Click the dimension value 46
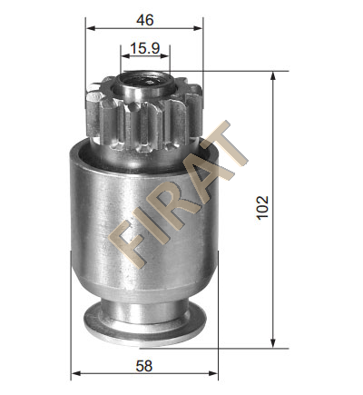coord(145,20)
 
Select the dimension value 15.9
coord(145,48)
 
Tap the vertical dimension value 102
coord(262,207)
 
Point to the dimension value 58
coord(144,366)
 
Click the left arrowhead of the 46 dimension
coord(91,28)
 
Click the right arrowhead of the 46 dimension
coord(198,28)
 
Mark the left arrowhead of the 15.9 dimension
coord(125,56)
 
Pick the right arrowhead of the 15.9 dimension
coord(165,56)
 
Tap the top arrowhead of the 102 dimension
coord(273,76)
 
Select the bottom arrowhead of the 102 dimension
coord(273,343)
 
